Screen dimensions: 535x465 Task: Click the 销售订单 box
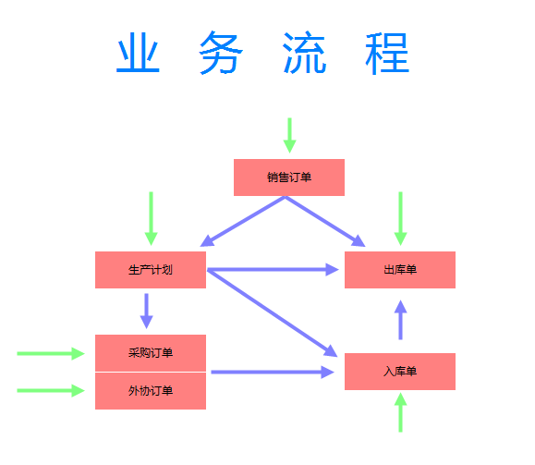pyautogui.click(x=289, y=177)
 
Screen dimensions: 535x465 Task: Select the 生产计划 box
pyautogui.click(x=151, y=270)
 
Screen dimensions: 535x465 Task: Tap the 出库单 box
pyautogui.click(x=400, y=270)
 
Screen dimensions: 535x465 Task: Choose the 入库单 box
pyautogui.click(x=400, y=372)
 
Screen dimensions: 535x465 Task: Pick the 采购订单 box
pyautogui.click(x=151, y=353)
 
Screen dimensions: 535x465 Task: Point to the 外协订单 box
pyautogui.click(x=151, y=391)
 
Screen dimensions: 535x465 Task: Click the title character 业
pyautogui.click(x=138, y=53)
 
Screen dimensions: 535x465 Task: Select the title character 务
pyautogui.click(x=221, y=53)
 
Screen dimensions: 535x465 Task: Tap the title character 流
pyautogui.click(x=304, y=53)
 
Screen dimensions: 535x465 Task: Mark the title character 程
pyautogui.click(x=387, y=54)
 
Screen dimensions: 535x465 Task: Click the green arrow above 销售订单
pyautogui.click(x=290, y=136)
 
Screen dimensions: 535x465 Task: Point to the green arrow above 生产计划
pyautogui.click(x=152, y=219)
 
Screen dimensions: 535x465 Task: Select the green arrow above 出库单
pyautogui.click(x=401, y=219)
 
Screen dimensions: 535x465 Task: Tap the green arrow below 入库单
pyautogui.click(x=401, y=412)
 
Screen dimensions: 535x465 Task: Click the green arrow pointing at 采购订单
pyautogui.click(x=51, y=354)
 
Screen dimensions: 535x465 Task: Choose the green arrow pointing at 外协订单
pyautogui.click(x=51, y=390)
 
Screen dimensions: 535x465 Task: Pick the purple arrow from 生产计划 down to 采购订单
pyautogui.click(x=147, y=311)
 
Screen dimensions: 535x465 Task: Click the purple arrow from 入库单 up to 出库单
pyautogui.click(x=401, y=320)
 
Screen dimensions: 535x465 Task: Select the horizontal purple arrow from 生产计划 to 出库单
pyautogui.click(x=273, y=270)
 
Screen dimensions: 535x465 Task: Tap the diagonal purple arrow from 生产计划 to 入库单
pyautogui.click(x=273, y=313)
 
